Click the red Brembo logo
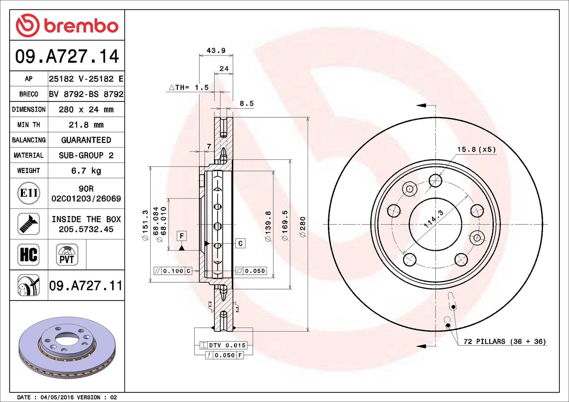[67, 25]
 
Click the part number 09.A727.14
[67, 56]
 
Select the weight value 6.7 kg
[86, 171]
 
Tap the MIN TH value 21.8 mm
[86, 125]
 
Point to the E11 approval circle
[29, 193]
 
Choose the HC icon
[29, 255]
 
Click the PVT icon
[67, 255]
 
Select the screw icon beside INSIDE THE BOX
[29, 224]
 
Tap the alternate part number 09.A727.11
[86, 286]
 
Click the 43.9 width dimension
[216, 50]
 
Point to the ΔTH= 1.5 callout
[189, 87]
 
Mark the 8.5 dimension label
[247, 104]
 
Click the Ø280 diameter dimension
[303, 227]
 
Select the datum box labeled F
[182, 236]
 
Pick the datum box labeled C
[240, 243]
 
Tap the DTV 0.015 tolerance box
[224, 345]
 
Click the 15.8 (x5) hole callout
[476, 150]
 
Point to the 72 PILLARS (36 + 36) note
[505, 342]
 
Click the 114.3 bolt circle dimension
[433, 219]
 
